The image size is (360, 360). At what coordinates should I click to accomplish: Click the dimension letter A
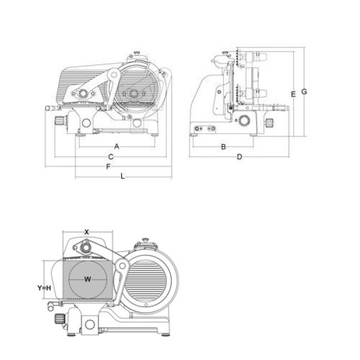pos(117,146)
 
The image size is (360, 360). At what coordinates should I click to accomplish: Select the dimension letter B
pos(223,147)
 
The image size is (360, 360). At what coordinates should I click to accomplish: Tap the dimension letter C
pos(111,157)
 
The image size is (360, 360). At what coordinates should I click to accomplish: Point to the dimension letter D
pos(239,157)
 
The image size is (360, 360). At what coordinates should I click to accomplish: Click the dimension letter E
pos(293,94)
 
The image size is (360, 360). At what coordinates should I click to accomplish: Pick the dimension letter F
pos(109,167)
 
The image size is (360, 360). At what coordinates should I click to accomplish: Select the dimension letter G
pos(304,92)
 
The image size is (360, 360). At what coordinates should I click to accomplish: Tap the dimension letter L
pos(123,176)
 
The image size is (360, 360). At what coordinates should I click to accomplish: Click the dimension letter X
pos(86,232)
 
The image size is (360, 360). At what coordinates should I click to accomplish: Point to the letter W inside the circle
pos(88,279)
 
